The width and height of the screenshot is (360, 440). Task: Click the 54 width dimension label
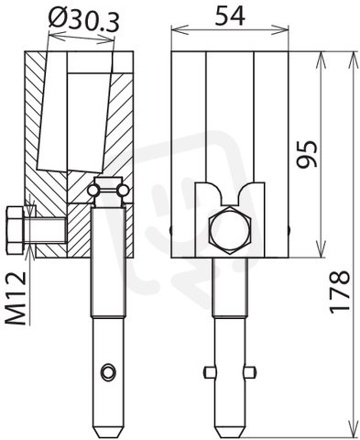pos(230,16)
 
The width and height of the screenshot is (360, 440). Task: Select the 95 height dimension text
pos(308,154)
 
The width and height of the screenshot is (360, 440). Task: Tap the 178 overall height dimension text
pos(340,292)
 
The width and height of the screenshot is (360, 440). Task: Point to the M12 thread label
pos(16,299)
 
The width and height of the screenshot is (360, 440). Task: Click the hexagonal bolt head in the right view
pos(229,230)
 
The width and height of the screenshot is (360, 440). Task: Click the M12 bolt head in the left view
pos(15,230)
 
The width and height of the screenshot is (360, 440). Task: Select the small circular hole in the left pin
pos(109,372)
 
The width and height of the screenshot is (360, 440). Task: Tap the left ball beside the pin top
pos(93,191)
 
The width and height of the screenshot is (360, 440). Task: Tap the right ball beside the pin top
pos(124,191)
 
